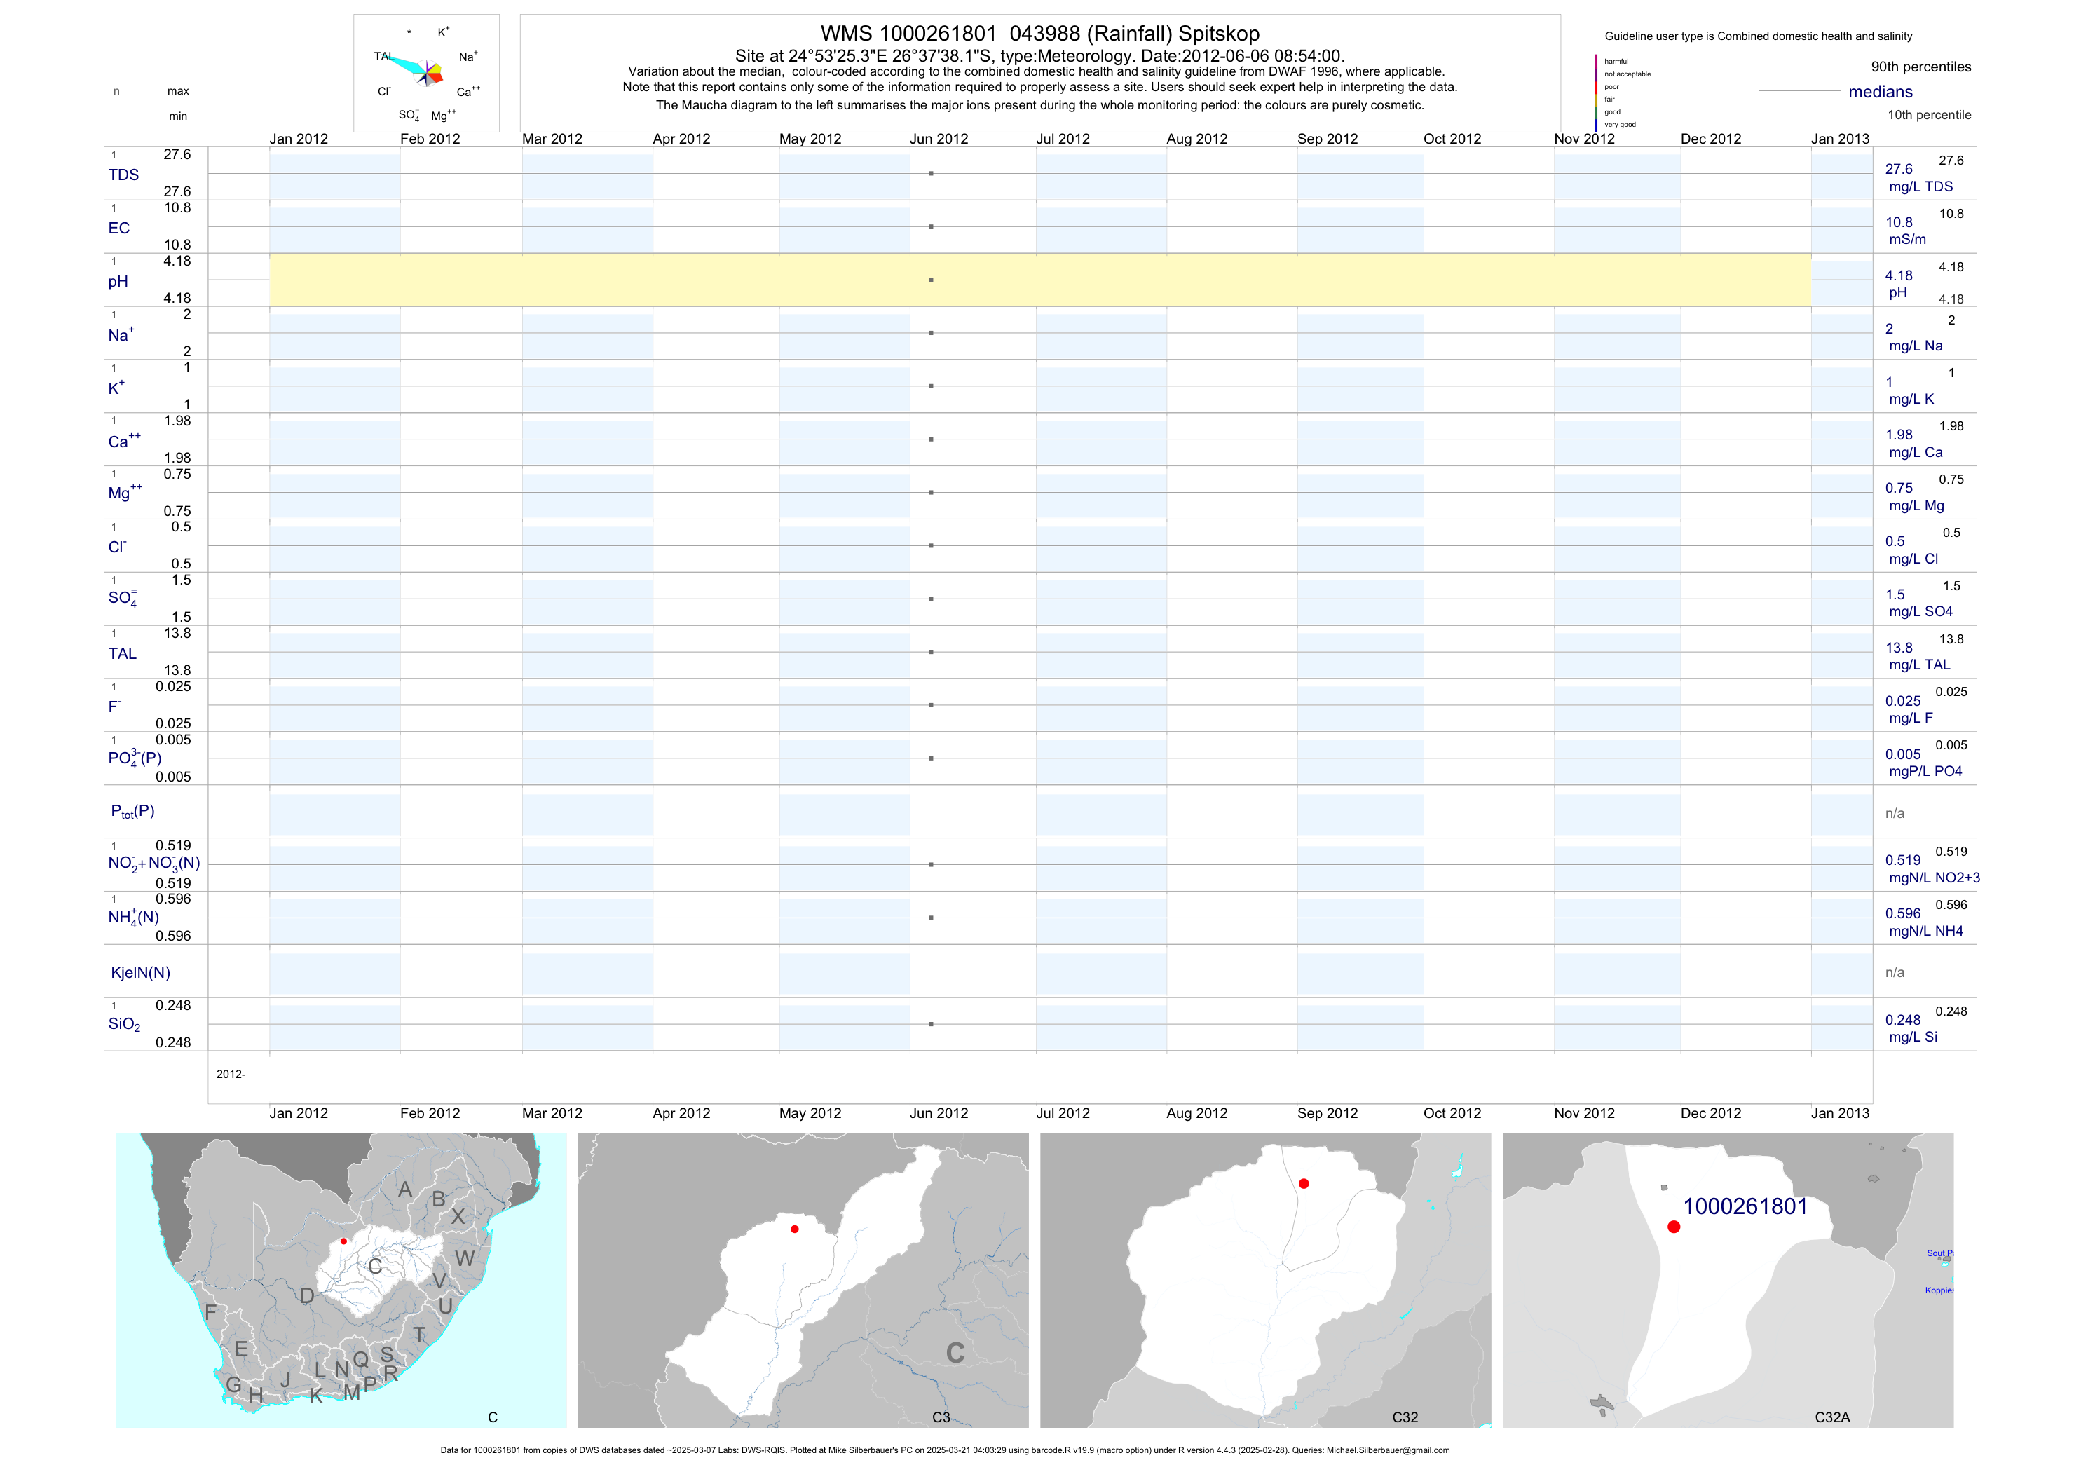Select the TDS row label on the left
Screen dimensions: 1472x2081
point(123,175)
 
